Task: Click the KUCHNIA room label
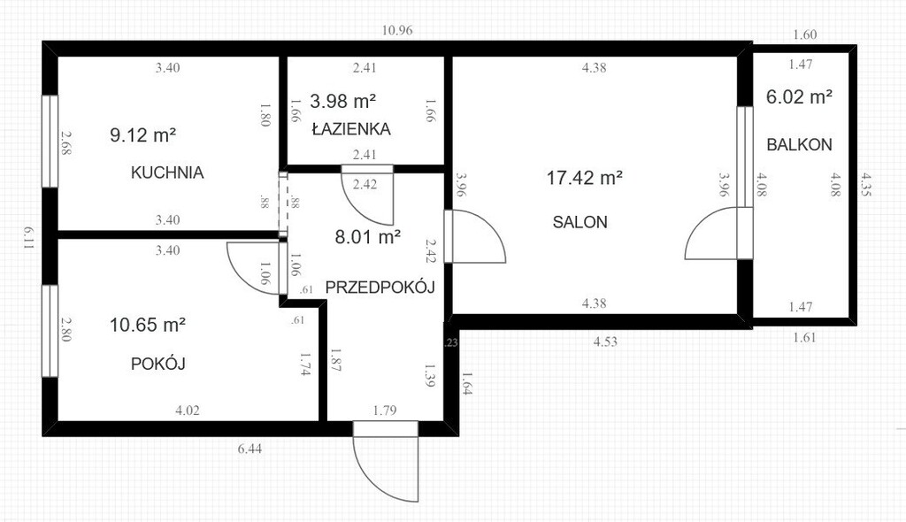167,173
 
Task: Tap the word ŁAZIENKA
351,128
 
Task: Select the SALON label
580,222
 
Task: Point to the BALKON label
799,144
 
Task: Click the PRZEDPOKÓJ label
380,287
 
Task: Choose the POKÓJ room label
157,363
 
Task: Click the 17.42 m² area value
584,178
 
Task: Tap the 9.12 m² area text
142,134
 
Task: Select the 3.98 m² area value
343,101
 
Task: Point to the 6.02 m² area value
799,96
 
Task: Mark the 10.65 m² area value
148,325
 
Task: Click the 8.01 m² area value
368,236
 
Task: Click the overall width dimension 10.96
397,30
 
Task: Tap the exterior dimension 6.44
250,449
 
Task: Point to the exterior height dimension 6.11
28,237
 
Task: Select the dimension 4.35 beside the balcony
865,185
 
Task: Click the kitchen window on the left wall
50,141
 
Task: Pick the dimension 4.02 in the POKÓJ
188,411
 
